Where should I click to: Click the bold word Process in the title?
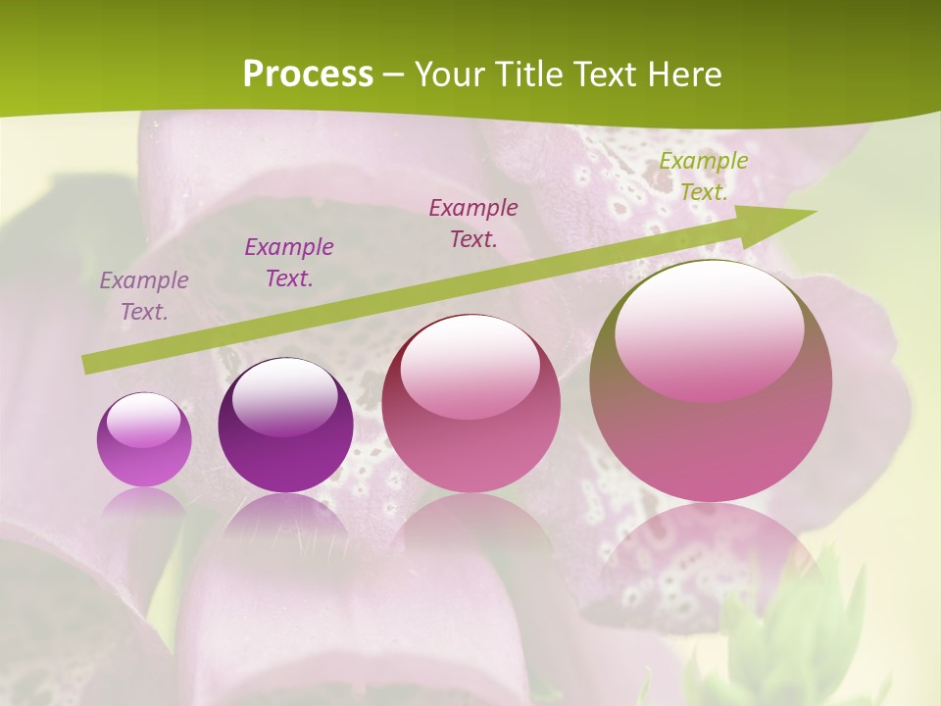tap(308, 75)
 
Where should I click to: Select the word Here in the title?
tap(684, 75)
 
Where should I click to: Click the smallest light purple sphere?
tap(144, 439)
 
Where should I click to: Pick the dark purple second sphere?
tap(285, 427)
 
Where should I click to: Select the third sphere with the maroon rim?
tap(470, 404)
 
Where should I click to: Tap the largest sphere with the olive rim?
tap(711, 382)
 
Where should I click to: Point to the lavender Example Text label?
tap(144, 296)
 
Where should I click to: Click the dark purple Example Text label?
tap(289, 263)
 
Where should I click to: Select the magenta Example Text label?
tap(473, 223)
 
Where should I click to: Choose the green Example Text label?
tap(704, 176)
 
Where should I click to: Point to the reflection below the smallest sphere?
tap(144, 505)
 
